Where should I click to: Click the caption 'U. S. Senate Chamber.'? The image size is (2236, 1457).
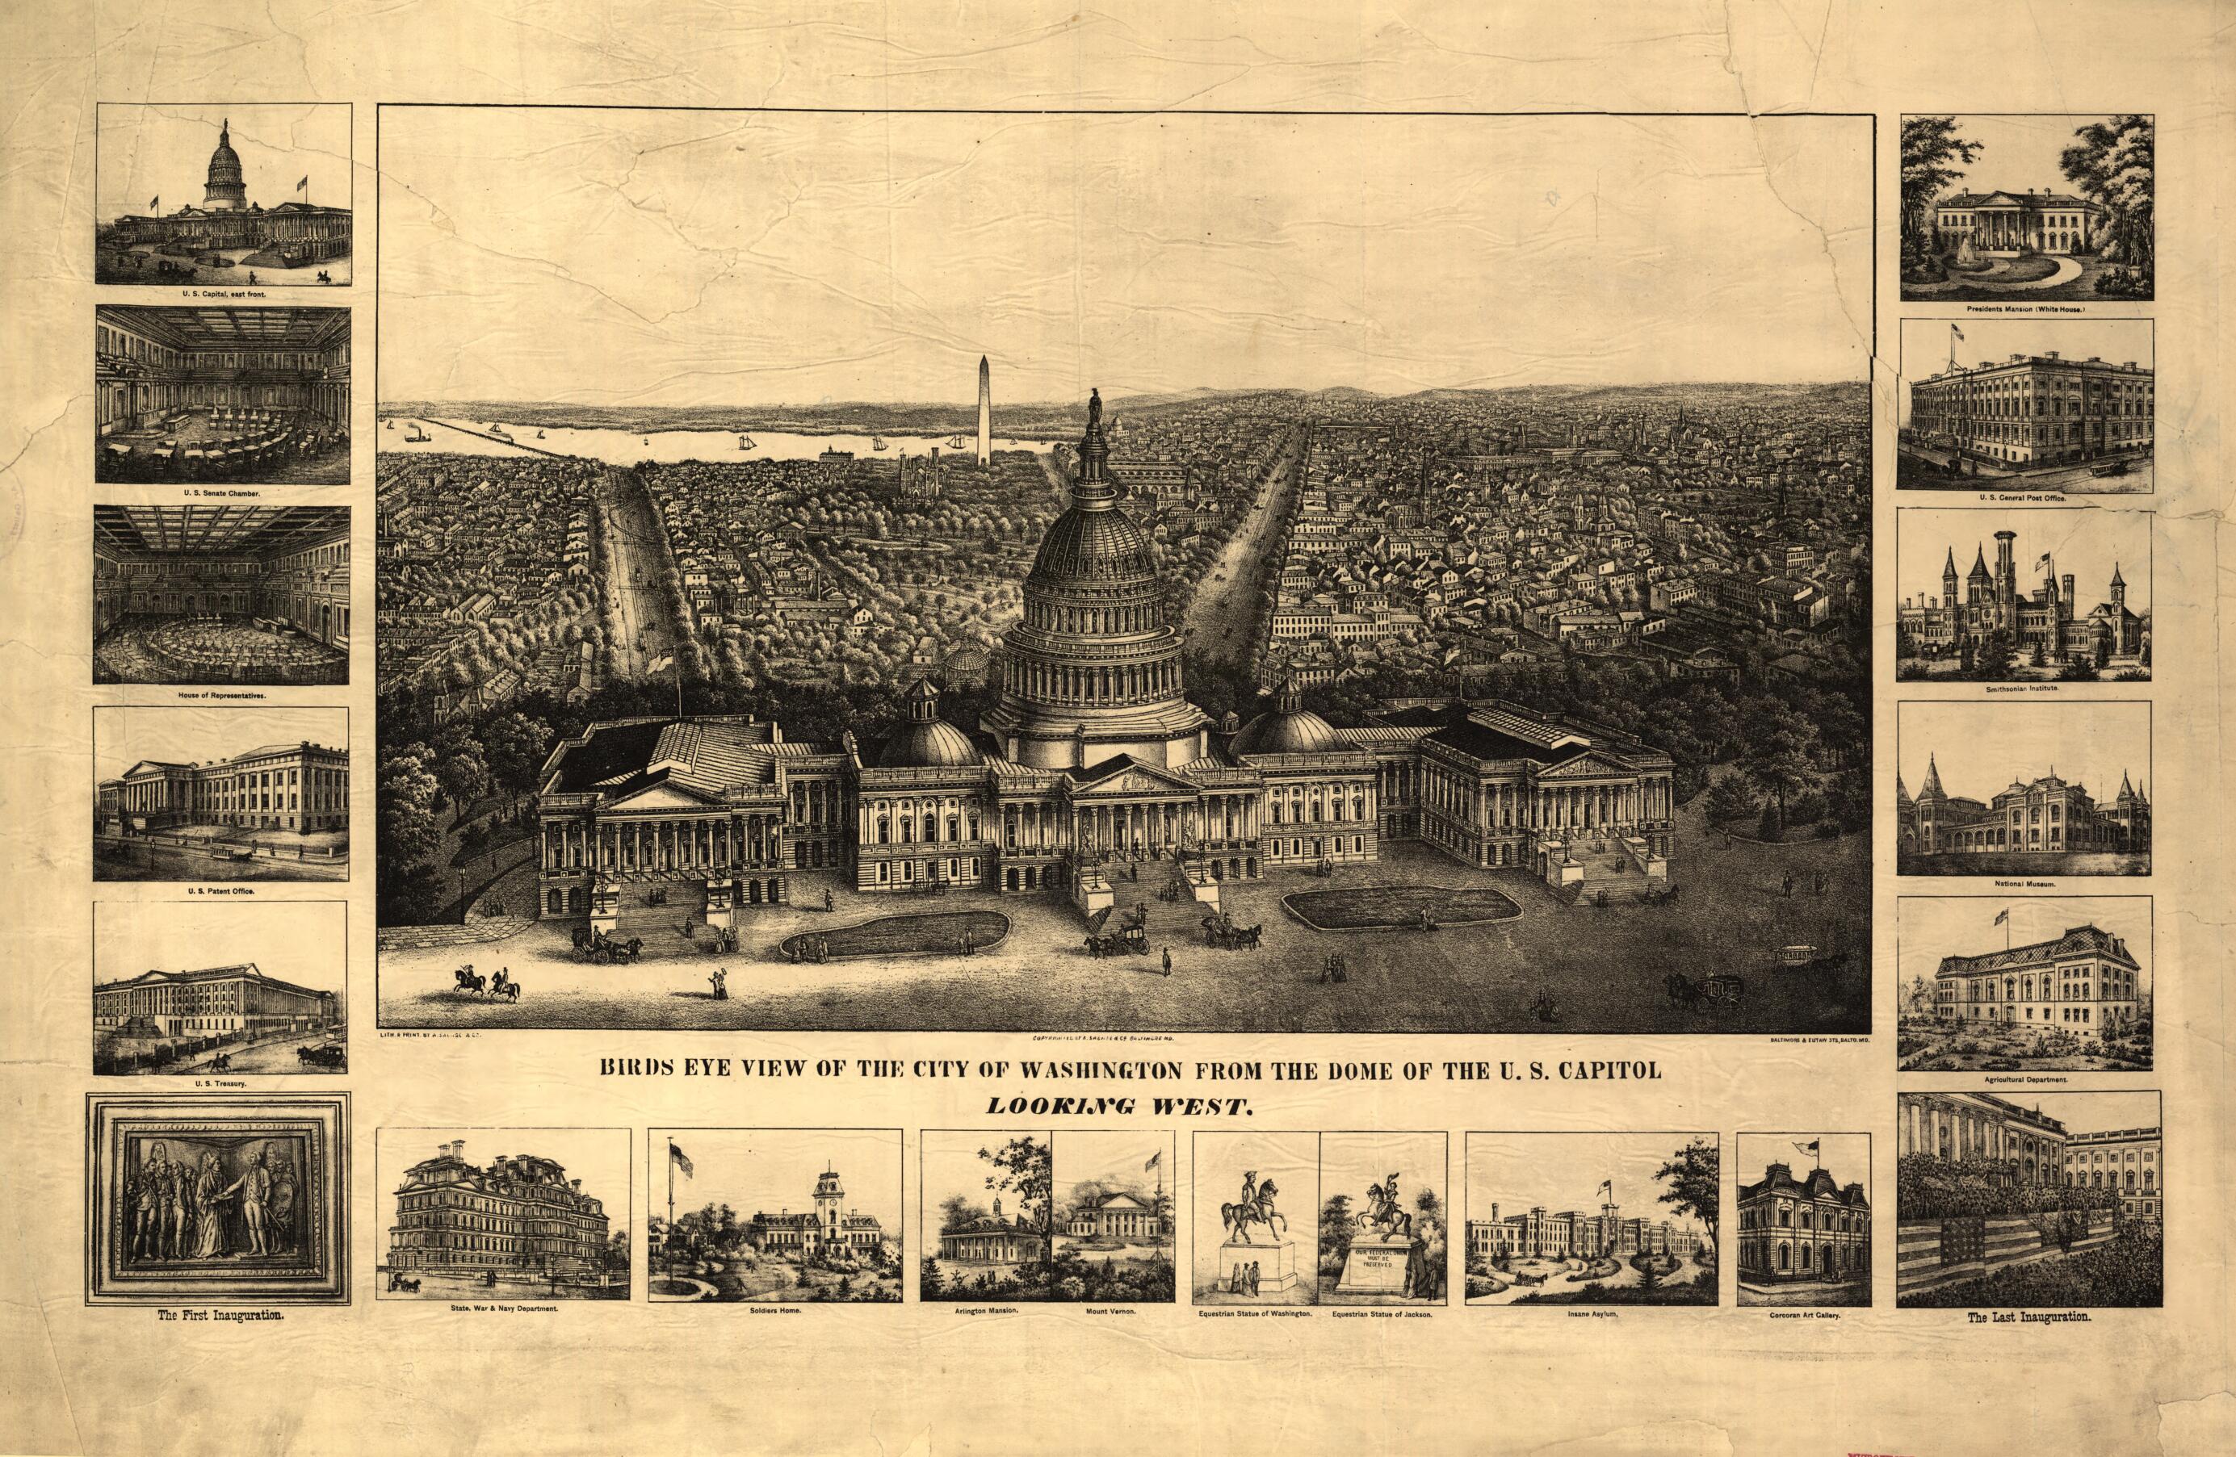[223, 493]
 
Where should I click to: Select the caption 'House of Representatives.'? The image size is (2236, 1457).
[222, 696]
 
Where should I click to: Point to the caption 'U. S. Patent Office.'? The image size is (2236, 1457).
[222, 890]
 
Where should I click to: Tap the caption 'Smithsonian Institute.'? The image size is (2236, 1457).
[2024, 689]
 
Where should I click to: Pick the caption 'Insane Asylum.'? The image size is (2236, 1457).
[1591, 1316]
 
